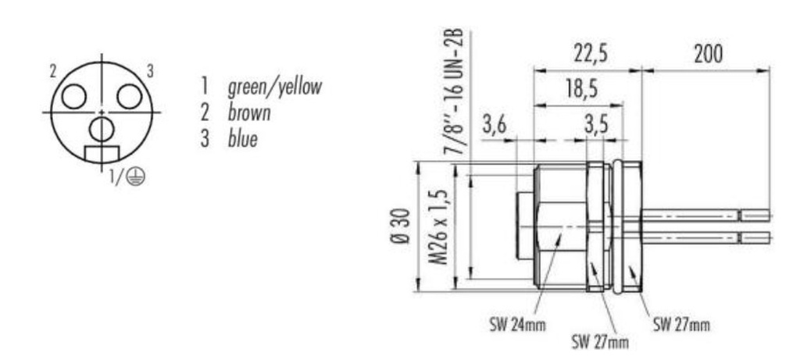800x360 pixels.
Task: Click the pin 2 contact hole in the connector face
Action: pyautogui.click(x=74, y=96)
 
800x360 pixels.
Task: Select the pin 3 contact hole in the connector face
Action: pyautogui.click(x=128, y=96)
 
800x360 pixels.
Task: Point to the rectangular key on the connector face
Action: pyautogui.click(x=101, y=154)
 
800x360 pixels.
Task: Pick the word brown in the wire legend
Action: pyautogui.click(x=249, y=112)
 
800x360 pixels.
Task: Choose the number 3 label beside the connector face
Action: pyautogui.click(x=150, y=71)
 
